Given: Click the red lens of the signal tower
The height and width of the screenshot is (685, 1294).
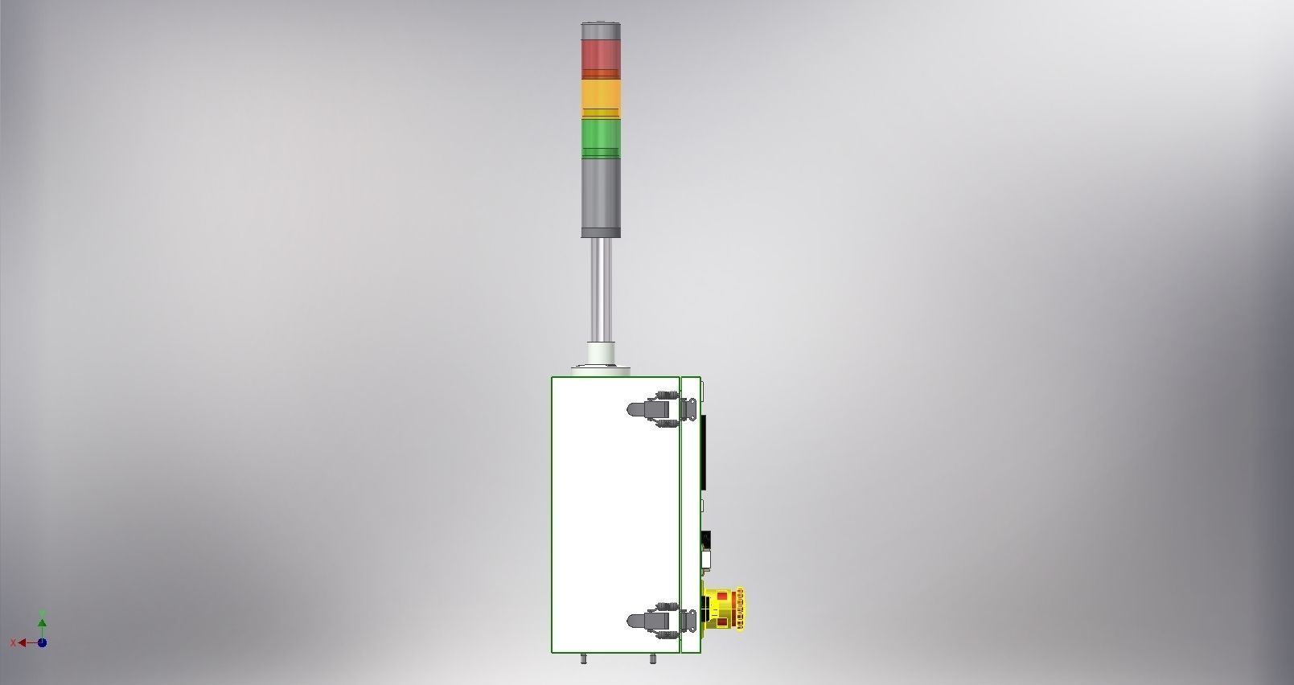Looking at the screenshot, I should [601, 55].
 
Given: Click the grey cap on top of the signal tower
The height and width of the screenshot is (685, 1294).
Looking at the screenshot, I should [601, 30].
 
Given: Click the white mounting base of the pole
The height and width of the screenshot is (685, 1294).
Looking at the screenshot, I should [601, 355].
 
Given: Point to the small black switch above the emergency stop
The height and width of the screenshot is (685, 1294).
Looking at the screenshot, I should [706, 538].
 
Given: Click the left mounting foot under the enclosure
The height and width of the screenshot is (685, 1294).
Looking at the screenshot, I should [584, 658].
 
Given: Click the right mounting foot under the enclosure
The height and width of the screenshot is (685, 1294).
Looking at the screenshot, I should [652, 658].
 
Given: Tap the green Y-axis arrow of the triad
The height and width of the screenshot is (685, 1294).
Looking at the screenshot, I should [42, 622].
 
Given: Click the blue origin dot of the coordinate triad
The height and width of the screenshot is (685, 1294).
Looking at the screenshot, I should [42, 642].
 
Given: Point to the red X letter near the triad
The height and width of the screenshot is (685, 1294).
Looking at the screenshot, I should [13, 642].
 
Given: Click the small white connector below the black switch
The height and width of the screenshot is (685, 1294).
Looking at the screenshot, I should [706, 557].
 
